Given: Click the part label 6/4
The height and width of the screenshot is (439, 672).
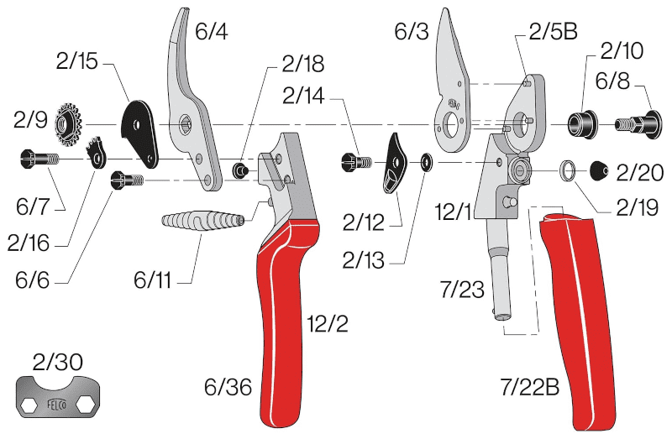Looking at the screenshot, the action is click(x=212, y=32).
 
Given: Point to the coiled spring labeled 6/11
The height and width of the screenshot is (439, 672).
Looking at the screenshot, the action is click(x=202, y=222).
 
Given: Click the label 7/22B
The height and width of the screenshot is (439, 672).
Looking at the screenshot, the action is click(x=530, y=388).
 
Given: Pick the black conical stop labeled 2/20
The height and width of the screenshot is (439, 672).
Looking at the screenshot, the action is click(x=599, y=170).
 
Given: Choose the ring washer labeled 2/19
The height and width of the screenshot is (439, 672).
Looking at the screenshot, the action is click(x=568, y=170).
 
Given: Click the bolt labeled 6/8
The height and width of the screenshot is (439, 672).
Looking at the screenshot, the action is click(x=638, y=124).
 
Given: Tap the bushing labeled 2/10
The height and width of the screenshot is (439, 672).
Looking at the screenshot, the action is click(x=582, y=124).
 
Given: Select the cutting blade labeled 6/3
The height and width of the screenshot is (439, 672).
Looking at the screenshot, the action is click(x=451, y=86).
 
